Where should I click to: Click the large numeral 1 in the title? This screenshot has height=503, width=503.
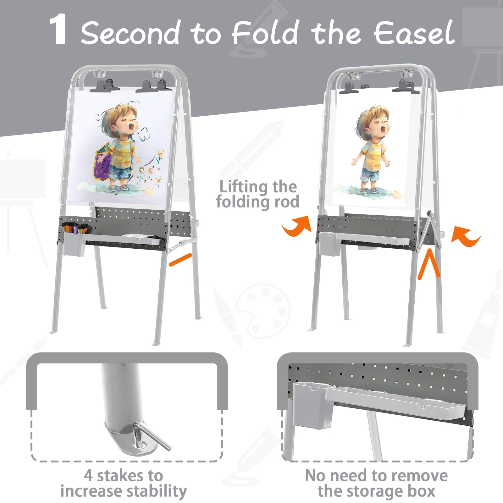coord(58,30)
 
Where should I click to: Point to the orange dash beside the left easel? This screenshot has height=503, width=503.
coord(180,259)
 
